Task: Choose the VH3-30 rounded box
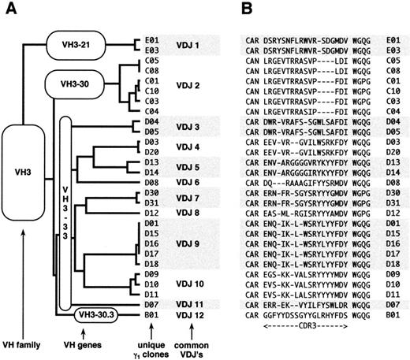coord(82,85)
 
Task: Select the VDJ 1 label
coord(187,46)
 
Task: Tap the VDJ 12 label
coord(187,315)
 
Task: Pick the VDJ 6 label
coord(187,181)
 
